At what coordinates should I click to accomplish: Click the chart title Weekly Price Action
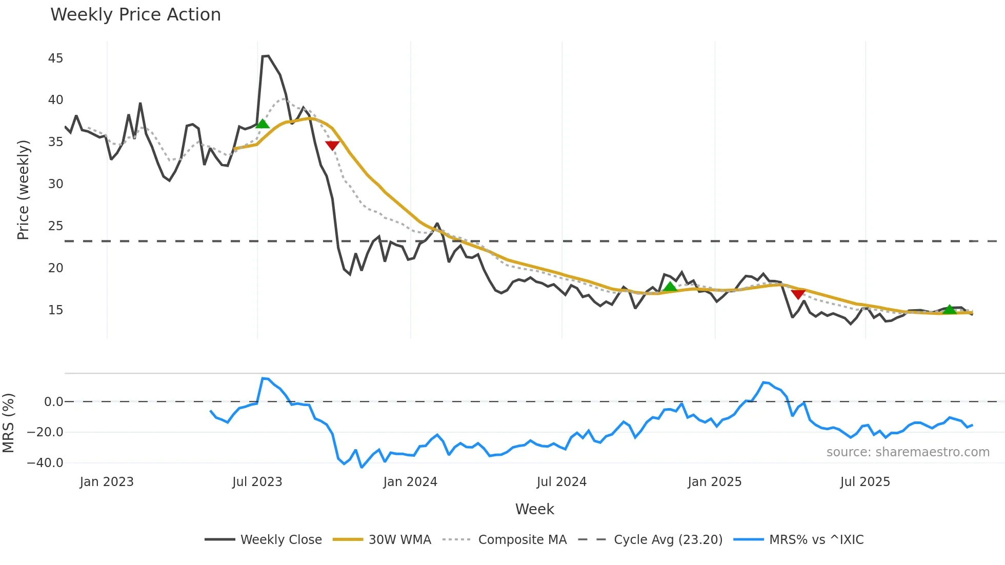[x=135, y=15]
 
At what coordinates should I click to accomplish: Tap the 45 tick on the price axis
[x=55, y=58]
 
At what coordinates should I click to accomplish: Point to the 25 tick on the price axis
[x=55, y=226]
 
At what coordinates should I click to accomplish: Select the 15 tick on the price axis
[x=55, y=310]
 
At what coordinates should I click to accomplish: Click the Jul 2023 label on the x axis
[x=257, y=482]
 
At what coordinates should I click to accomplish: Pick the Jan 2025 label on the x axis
[x=714, y=482]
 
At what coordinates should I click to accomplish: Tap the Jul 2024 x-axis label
[x=561, y=482]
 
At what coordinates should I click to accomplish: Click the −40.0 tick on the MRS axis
[x=45, y=463]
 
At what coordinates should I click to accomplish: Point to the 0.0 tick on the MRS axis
[x=53, y=402]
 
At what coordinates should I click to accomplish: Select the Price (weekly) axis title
[x=23, y=190]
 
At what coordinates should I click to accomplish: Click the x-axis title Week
[x=534, y=509]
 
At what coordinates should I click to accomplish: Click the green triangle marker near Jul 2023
[x=263, y=124]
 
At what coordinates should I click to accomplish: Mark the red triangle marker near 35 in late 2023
[x=332, y=146]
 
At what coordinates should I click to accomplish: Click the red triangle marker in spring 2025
[x=798, y=294]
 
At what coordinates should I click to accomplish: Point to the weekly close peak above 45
[x=266, y=56]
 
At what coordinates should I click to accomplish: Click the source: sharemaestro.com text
[x=908, y=452]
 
